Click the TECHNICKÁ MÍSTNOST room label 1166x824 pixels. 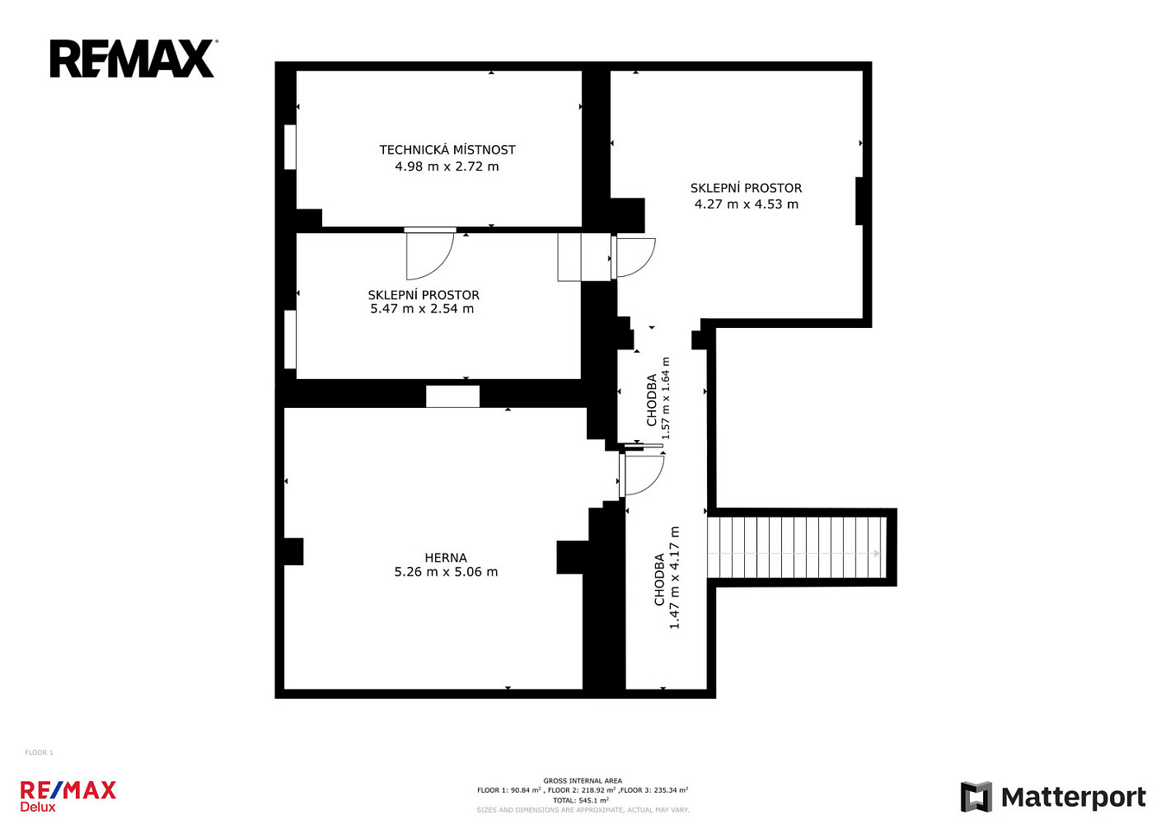(x=447, y=150)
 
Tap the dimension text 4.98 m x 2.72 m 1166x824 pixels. (x=447, y=166)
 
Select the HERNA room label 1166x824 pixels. (x=446, y=558)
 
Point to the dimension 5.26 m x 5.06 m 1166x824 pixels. (x=446, y=572)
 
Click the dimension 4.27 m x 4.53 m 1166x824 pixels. (x=746, y=204)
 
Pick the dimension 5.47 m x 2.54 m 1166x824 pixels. (x=422, y=309)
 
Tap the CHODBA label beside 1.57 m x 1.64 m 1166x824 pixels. (x=651, y=400)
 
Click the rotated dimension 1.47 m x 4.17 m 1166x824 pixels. (x=674, y=578)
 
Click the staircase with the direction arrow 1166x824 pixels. (x=796, y=547)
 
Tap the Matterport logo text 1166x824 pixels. (x=1074, y=797)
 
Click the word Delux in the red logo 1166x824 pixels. (x=37, y=807)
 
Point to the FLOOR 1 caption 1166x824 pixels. (x=39, y=752)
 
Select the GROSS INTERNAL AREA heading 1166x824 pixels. (x=583, y=781)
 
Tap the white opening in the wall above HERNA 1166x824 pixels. (x=453, y=396)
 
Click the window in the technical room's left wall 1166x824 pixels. (x=290, y=147)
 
